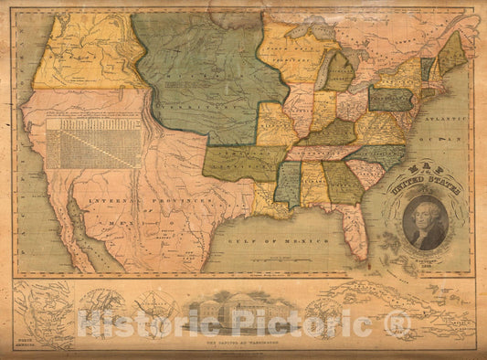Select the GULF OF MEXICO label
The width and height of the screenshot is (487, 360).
pyautogui.click(x=295, y=239)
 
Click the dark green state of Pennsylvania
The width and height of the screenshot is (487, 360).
pyautogui.click(x=394, y=98)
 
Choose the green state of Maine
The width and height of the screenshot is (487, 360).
pyautogui.click(x=452, y=55)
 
